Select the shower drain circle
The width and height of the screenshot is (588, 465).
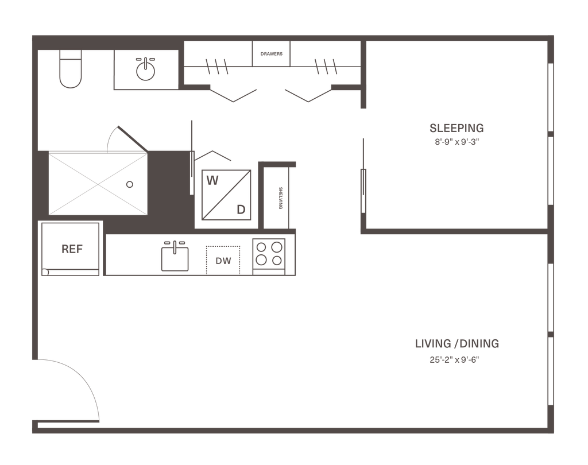[x=130, y=184]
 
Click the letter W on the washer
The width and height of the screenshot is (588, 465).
[x=212, y=181]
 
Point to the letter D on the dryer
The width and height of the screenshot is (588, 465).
[x=241, y=210]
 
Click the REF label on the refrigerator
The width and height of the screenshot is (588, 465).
[x=72, y=249]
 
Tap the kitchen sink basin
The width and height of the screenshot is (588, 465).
[x=175, y=257]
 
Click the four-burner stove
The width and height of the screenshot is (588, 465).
[x=270, y=253]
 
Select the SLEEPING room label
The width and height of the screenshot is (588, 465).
[x=457, y=127]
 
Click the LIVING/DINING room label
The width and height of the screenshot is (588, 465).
[x=457, y=344]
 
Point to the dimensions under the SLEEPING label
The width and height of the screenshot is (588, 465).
[x=457, y=141]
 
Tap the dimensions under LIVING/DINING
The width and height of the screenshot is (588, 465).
[x=454, y=360]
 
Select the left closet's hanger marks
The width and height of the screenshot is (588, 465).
[x=217, y=66]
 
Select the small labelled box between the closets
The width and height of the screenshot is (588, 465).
[x=272, y=54]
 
